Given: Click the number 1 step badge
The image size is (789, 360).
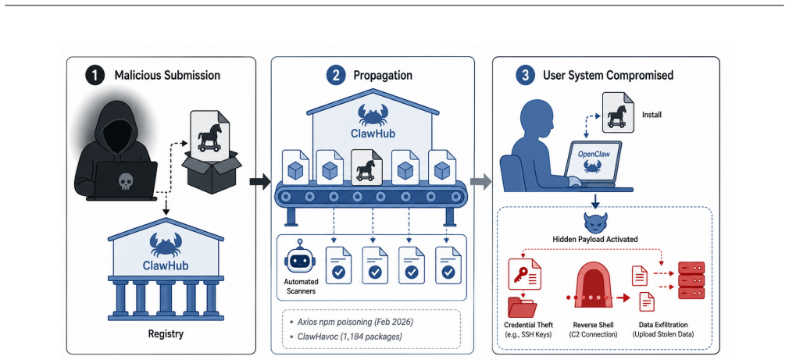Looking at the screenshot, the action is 95,76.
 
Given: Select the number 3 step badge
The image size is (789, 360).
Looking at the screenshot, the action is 524,76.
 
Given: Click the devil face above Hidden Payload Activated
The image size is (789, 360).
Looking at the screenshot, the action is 596,222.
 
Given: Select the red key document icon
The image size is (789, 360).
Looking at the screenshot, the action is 524,275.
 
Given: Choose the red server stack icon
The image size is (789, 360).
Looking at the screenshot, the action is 691,280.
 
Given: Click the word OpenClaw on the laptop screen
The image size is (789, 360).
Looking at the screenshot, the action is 595,155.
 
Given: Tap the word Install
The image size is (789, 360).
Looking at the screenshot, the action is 652,115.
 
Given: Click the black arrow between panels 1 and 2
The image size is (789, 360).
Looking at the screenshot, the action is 260,183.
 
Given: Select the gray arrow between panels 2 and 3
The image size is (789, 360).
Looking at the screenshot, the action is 480,183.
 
